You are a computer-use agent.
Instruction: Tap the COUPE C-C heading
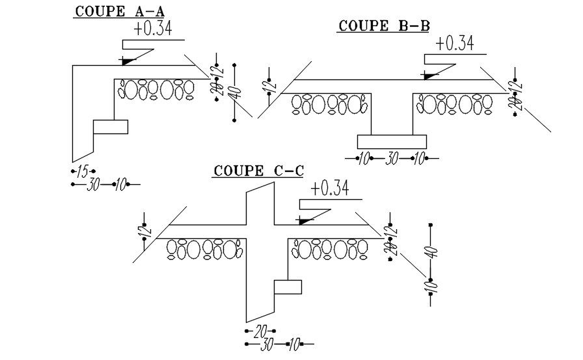258,171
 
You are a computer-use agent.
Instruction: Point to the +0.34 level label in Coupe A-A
153,29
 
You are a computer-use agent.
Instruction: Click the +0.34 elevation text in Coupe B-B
455,44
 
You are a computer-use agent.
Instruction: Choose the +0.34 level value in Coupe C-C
330,189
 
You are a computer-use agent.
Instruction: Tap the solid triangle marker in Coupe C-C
305,221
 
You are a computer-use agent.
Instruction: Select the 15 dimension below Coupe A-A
82,172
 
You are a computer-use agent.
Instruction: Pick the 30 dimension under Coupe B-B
392,159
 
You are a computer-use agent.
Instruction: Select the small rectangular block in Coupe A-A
111,127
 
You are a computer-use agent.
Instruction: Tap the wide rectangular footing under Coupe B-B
392,141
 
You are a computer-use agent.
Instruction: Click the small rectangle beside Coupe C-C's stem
287,287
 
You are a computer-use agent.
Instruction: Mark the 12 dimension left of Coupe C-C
144,230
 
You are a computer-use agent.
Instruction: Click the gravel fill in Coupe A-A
156,90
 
